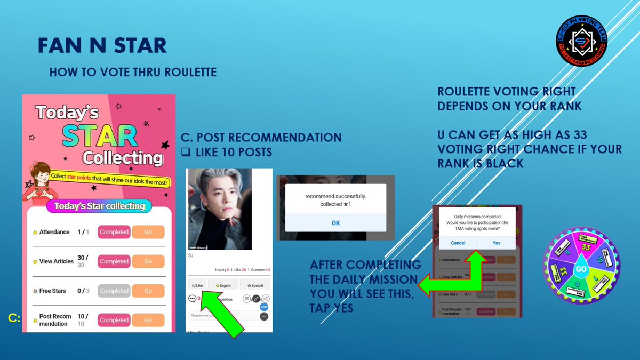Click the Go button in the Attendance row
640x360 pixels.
click(x=148, y=232)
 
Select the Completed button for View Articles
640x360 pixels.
click(x=114, y=261)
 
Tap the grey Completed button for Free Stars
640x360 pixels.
click(x=114, y=291)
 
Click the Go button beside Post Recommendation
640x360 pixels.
click(x=148, y=320)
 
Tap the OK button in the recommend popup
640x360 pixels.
click(x=335, y=223)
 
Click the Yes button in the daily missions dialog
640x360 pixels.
click(x=497, y=243)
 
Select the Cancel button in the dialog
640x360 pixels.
click(x=458, y=243)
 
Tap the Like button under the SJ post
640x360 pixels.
click(x=197, y=286)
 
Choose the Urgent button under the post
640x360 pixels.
click(x=223, y=286)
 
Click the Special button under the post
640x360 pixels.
click(x=255, y=286)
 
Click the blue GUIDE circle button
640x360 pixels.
click(x=264, y=307)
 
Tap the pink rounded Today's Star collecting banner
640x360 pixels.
click(x=99, y=206)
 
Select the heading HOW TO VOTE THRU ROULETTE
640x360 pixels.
click(x=133, y=72)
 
